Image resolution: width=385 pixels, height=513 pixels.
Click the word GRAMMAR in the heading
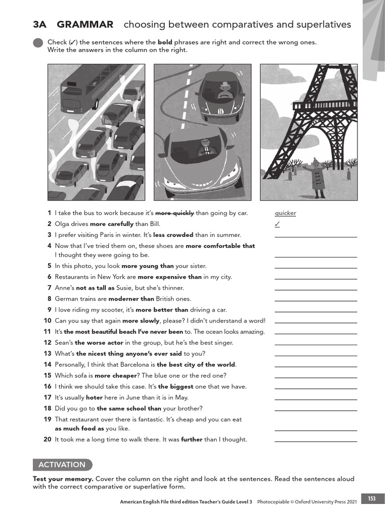pos(85,25)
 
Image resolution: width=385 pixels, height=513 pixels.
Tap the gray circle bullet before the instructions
pos(38,43)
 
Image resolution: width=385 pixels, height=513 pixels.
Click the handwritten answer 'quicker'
pos(285,213)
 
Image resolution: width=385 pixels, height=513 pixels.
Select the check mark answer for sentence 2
pos(277,224)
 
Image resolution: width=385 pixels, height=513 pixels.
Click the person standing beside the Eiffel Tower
pos(315,178)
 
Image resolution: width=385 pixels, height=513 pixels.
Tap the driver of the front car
pos(206,149)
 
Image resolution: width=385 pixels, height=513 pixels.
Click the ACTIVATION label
pos(62,464)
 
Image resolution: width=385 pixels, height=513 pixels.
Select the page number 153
pos(371,498)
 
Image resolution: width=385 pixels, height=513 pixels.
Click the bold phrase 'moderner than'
pos(131,299)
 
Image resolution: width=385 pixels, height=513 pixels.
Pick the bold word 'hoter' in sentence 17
pos(94,397)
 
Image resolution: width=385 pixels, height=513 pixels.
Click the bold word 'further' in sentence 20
pos(192,439)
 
